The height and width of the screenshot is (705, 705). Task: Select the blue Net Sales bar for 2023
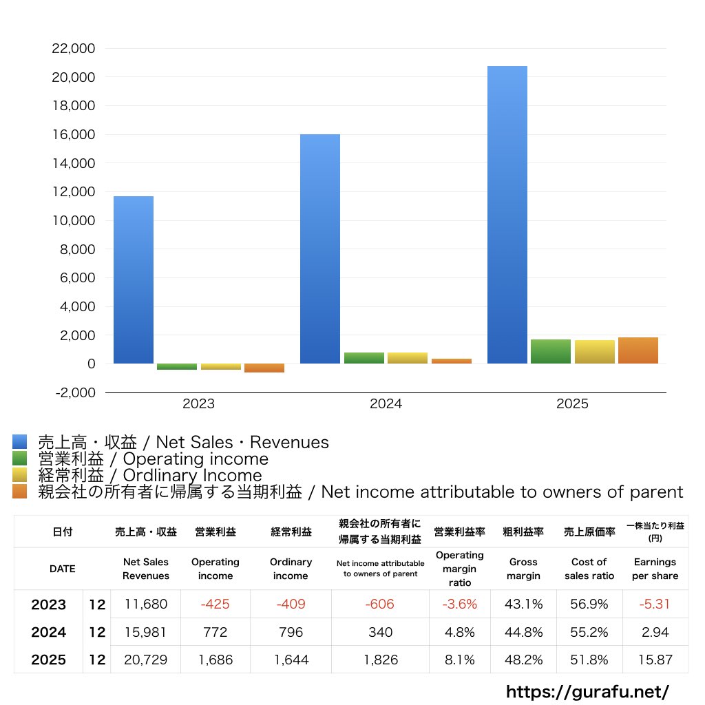tap(134, 280)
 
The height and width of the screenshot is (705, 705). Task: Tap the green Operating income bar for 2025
tap(551, 352)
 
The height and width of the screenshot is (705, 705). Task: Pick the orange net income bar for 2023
tap(264, 368)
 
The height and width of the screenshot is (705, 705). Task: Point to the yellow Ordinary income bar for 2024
tap(408, 358)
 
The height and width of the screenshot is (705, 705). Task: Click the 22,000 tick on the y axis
tap(74, 49)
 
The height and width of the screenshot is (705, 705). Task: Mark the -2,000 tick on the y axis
tap(74, 392)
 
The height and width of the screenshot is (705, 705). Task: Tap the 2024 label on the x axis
tap(386, 404)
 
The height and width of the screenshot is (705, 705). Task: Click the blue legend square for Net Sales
tap(20, 442)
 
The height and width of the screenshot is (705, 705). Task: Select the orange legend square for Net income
tap(20, 492)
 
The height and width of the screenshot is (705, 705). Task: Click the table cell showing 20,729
tap(145, 660)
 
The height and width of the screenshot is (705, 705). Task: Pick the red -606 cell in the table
tap(380, 604)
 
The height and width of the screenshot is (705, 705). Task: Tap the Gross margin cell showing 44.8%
tap(523, 632)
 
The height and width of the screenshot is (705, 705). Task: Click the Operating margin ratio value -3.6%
tap(459, 604)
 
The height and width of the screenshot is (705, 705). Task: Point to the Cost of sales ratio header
tap(589, 569)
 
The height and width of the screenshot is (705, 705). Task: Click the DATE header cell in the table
tap(62, 569)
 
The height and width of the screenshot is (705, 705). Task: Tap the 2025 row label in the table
tap(48, 660)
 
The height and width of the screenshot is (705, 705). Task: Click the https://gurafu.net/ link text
tap(587, 691)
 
